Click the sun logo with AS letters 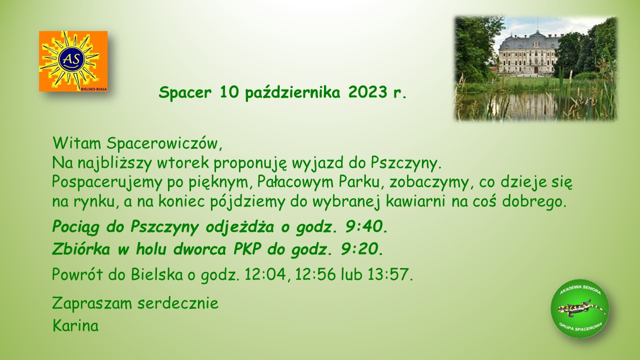tap(73, 61)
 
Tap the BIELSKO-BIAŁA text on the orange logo tap(94, 89)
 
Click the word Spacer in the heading tap(185, 92)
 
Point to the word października tap(293, 93)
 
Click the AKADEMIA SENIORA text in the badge tap(580, 289)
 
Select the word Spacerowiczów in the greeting tap(164, 143)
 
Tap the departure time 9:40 tap(366, 227)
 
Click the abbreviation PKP tap(247, 249)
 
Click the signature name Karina tap(75, 325)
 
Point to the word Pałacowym tap(295, 182)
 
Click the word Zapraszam tap(92, 303)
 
